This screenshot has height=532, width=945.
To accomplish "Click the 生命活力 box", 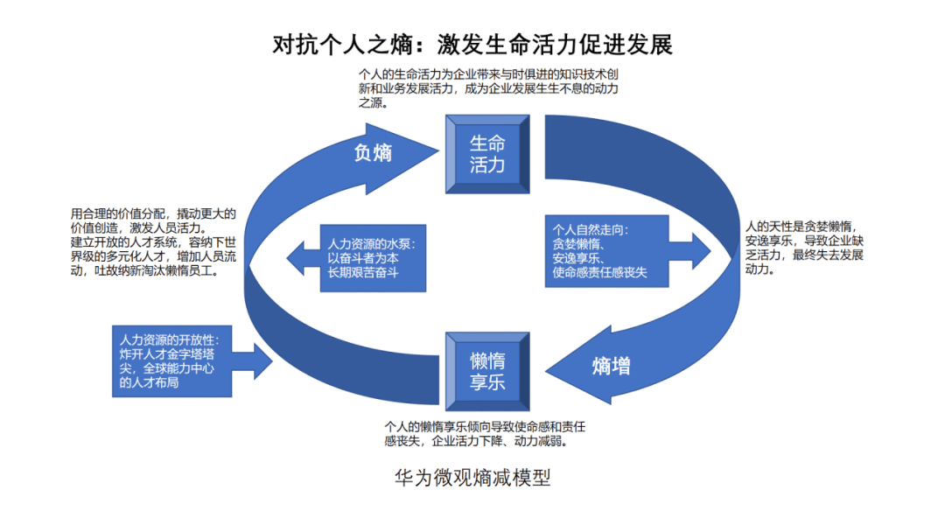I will [487, 154].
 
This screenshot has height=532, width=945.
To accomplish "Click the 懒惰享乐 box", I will [487, 372].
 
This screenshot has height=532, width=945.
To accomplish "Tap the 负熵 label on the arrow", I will [373, 152].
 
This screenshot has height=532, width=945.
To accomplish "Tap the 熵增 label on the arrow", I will [611, 366].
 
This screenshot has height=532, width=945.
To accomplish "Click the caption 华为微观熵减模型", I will [472, 478].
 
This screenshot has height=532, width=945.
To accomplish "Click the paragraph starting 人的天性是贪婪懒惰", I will [802, 248].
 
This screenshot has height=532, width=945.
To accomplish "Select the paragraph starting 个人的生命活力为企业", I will [489, 88].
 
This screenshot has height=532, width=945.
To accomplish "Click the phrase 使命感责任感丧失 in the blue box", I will [600, 274].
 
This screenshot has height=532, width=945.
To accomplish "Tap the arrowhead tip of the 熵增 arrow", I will [542, 366].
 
